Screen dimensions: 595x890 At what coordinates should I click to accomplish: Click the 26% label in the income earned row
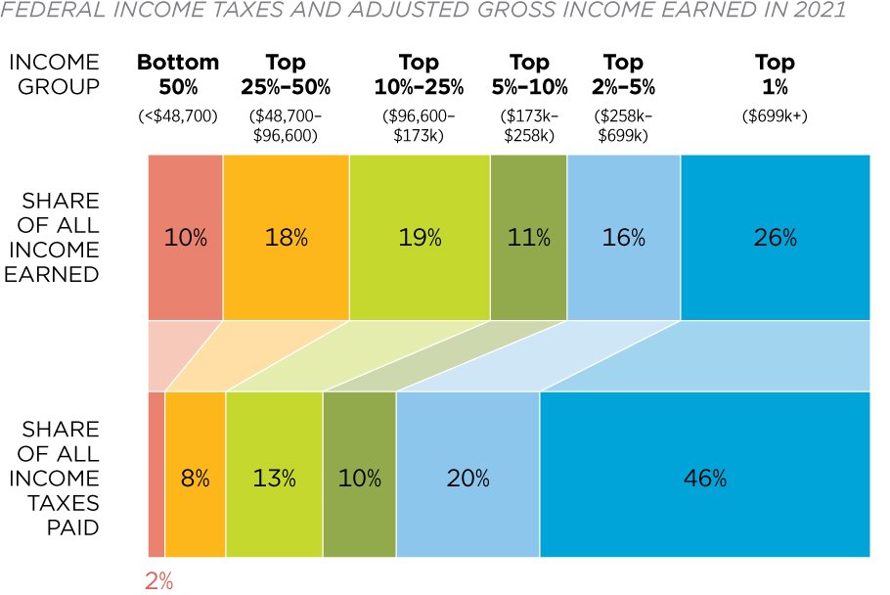coord(775,237)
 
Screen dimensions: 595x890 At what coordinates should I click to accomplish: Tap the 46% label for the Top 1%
coord(705,479)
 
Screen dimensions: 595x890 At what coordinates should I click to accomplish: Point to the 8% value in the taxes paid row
coord(196,479)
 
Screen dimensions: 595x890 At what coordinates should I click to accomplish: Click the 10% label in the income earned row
coord(186,237)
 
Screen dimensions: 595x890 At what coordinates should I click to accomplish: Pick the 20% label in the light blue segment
coord(467,479)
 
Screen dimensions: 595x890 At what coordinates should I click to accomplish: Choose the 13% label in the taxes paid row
coord(274,479)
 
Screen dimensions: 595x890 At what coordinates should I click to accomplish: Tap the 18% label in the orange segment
coord(286,237)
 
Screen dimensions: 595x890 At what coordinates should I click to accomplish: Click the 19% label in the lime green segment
coord(420,237)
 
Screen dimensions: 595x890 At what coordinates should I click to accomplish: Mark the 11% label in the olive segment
coord(528,237)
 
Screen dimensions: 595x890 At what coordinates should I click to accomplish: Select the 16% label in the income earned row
coord(624,237)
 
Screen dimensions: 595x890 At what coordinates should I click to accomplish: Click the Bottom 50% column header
coord(177,74)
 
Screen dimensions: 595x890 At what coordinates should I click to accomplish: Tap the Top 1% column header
coord(775,74)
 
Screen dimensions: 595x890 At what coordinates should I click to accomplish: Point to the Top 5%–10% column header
coord(528,74)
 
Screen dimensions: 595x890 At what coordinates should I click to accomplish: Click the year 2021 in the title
coord(811,11)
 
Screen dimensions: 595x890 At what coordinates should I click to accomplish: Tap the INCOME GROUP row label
coord(54,74)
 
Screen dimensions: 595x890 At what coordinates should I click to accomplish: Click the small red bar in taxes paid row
coord(156,474)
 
